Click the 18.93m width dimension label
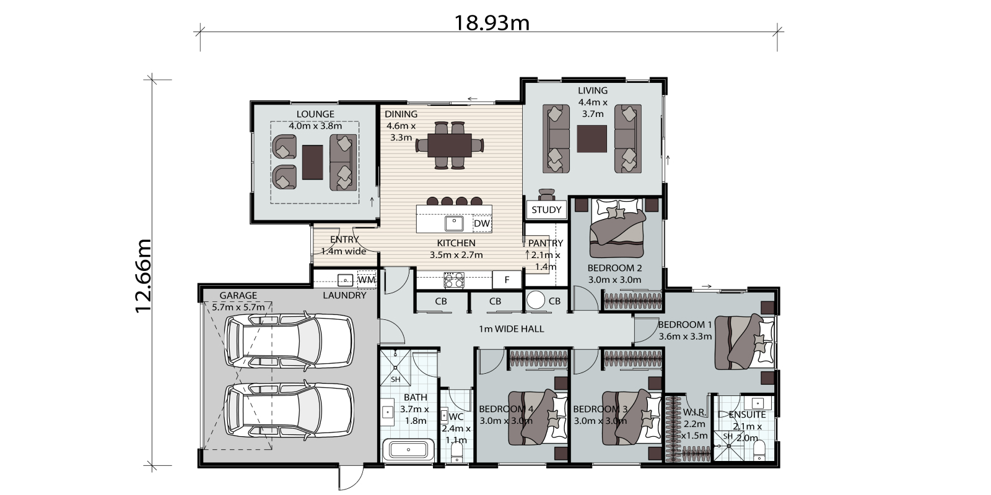[492, 22]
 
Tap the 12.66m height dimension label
[143, 276]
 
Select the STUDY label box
[546, 210]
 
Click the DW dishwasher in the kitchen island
[482, 223]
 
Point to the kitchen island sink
[454, 223]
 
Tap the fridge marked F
[507, 279]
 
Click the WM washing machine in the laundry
[367, 279]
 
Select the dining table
[450, 145]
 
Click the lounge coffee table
[312, 162]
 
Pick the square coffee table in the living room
[592, 139]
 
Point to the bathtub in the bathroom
[408, 450]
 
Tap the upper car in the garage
[290, 341]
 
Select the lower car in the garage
[290, 411]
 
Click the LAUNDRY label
[344, 295]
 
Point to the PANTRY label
[546, 243]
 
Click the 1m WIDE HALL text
[512, 329]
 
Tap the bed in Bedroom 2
[617, 228]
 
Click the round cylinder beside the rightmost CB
[535, 300]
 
